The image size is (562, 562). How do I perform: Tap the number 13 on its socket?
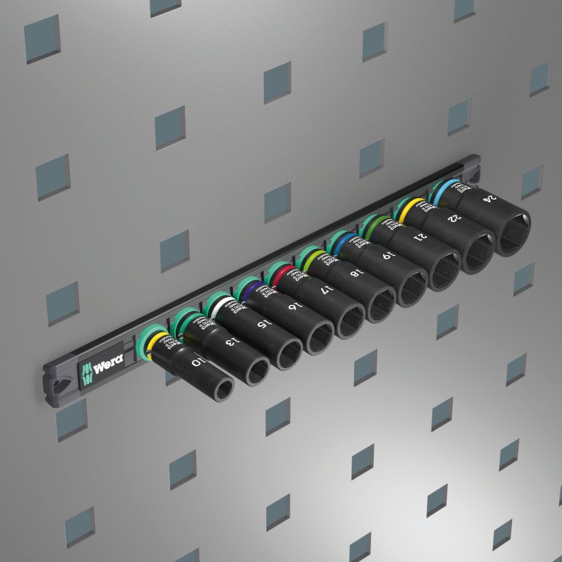click(x=228, y=342)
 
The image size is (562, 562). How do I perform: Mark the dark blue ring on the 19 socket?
click(x=341, y=243)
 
